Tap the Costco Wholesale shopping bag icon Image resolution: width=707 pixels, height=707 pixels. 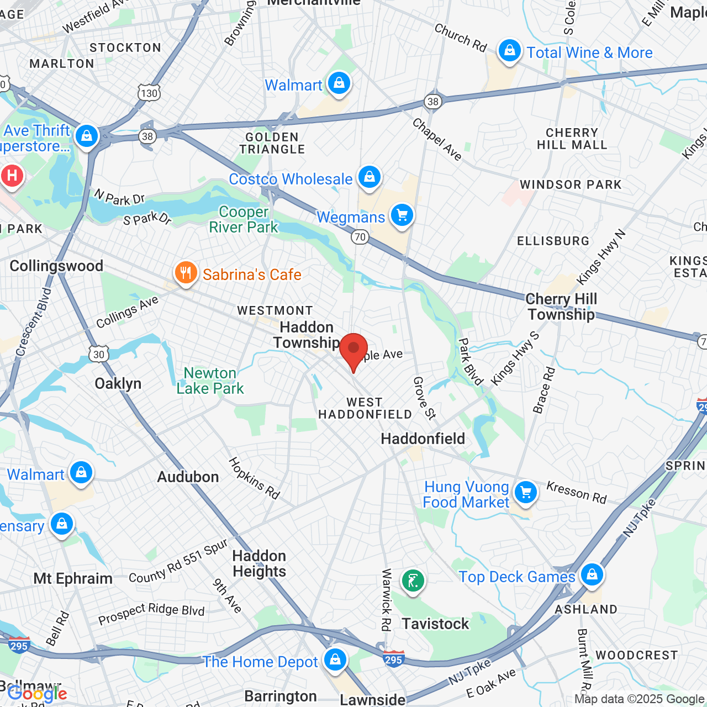[369, 177]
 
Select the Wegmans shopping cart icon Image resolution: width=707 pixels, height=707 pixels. [402, 215]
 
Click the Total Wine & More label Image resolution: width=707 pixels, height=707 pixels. [589, 53]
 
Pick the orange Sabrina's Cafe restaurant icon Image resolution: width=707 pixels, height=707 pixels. [186, 273]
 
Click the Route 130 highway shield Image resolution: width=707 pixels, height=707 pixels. [149, 93]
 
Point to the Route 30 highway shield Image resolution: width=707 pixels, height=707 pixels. [99, 354]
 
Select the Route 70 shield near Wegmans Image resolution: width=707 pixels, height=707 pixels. [360, 238]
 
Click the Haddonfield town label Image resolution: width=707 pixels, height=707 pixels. [423, 439]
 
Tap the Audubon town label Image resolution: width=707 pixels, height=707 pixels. [188, 477]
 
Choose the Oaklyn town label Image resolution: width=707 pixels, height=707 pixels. [118, 384]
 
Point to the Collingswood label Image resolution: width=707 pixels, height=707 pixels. [56, 266]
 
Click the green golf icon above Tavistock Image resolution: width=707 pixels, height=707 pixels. [413, 581]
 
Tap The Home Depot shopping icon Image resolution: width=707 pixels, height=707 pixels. [335, 659]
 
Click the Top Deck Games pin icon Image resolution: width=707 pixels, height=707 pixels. [592, 575]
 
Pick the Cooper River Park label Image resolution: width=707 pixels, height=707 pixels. [244, 220]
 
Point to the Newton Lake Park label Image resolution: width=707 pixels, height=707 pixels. [210, 381]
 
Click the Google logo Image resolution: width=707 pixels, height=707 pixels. [38, 694]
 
